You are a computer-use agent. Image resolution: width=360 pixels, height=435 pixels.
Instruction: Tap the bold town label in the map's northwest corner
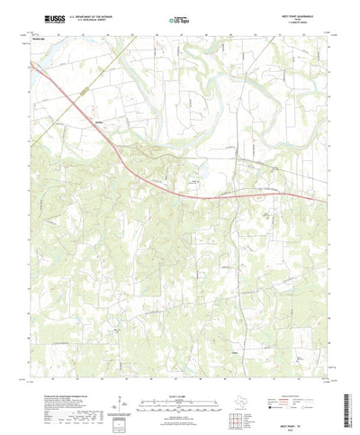click(x=44, y=39)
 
